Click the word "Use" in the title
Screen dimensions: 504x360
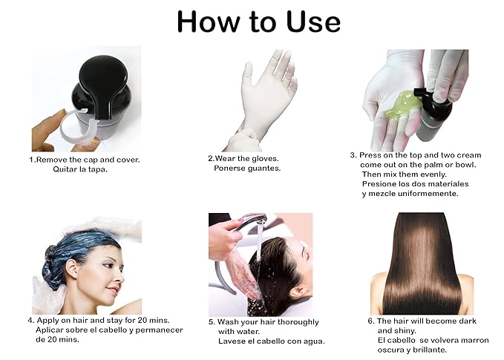[313, 22]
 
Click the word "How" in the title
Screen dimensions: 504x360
[209, 22]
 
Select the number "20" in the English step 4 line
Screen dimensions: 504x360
[143, 320]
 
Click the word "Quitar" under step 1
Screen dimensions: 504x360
[65, 169]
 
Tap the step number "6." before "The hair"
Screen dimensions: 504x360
[371, 321]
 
